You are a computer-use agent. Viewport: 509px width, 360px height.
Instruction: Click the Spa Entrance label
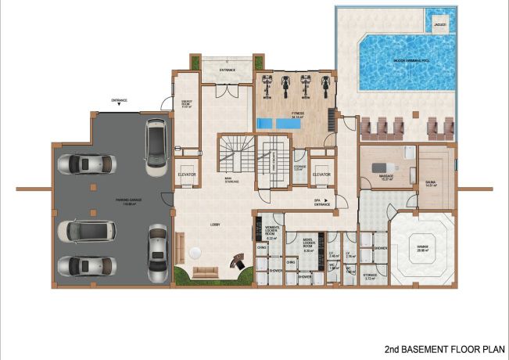[x=322, y=203]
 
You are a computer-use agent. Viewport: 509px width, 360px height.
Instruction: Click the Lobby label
[x=215, y=225]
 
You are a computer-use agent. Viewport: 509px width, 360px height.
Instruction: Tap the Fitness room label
[x=297, y=114]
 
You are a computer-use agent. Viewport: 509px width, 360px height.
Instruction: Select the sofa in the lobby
[x=205, y=272]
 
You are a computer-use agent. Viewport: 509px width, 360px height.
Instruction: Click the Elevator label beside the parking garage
[x=186, y=175]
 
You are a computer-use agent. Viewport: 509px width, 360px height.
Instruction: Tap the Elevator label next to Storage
[x=321, y=174]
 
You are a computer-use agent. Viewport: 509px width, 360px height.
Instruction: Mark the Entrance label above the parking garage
[x=120, y=100]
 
